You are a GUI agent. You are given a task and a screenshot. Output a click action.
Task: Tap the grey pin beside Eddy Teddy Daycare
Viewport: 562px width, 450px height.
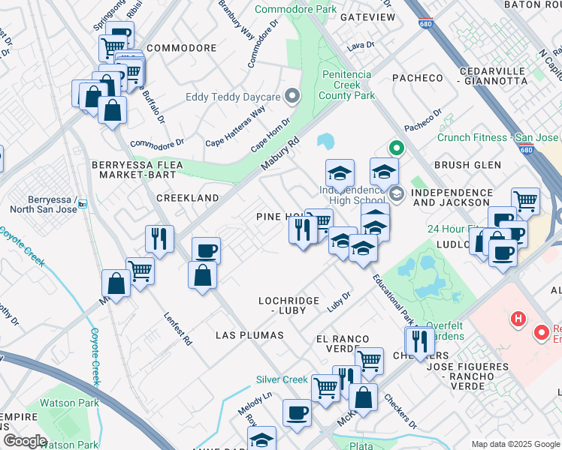click(x=294, y=96)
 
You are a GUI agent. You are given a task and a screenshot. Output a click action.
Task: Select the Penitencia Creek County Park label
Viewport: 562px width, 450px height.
click(x=346, y=85)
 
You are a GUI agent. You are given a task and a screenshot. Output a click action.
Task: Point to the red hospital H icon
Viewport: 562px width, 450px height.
click(x=517, y=319)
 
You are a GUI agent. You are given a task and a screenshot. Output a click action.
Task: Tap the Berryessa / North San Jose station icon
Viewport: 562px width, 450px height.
click(x=83, y=203)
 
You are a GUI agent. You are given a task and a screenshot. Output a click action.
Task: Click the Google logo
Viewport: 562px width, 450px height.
click(x=25, y=441)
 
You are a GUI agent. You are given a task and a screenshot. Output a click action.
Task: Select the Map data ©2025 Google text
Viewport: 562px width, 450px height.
click(x=515, y=444)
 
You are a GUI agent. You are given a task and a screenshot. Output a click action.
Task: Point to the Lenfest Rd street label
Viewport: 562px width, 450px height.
click(x=178, y=328)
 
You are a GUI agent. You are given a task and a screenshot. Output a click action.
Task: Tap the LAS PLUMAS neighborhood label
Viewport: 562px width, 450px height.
click(x=249, y=334)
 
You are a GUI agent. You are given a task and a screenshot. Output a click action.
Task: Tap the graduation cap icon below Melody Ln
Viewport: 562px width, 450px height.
click(x=261, y=439)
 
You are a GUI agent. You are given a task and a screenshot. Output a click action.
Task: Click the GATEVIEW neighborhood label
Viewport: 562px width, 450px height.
click(x=367, y=16)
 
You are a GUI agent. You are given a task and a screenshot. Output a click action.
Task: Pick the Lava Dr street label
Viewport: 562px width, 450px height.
click(x=360, y=46)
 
